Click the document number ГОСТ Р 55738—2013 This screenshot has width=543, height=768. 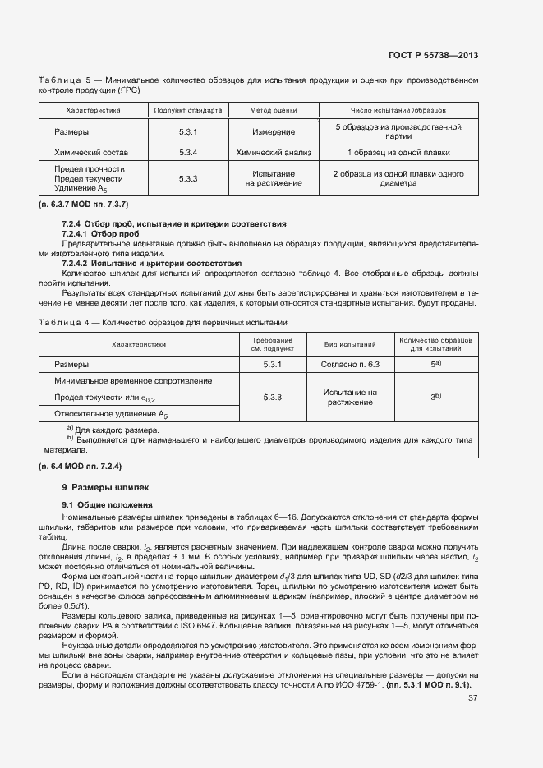point(434,55)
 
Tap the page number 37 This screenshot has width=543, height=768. point(472,699)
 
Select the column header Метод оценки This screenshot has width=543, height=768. point(274,109)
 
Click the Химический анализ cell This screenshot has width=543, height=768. point(274,152)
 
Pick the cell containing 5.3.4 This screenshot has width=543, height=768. point(189,152)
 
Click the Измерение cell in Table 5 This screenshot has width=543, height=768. point(274,131)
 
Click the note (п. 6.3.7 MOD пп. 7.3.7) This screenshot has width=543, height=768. point(83,203)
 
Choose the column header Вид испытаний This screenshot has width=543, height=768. point(351,345)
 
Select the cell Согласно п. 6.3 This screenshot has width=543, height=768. point(351,363)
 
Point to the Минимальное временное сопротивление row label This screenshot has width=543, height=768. point(133,381)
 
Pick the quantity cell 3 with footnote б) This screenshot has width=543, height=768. point(436,397)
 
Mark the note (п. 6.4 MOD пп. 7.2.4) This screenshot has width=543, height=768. point(81,467)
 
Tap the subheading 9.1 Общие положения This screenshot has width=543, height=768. point(104,504)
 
